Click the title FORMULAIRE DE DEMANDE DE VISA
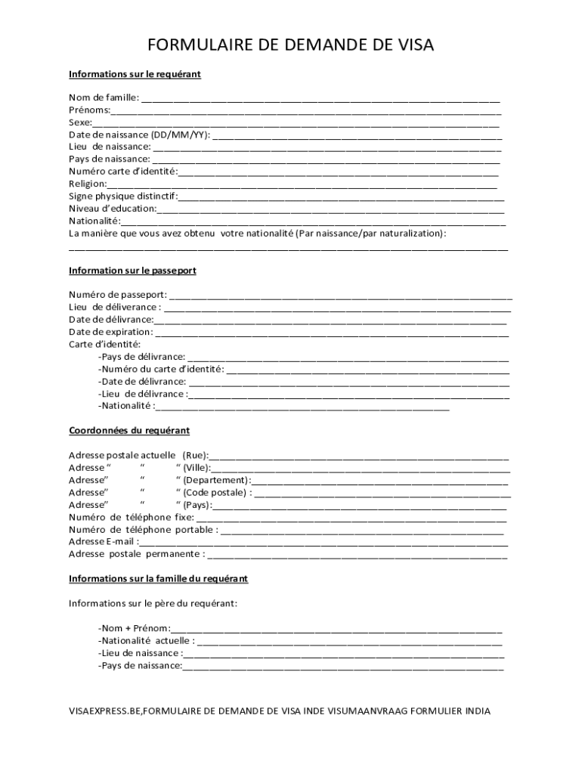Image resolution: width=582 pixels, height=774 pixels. click(x=291, y=46)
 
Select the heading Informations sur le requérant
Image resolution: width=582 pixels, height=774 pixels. click(x=135, y=74)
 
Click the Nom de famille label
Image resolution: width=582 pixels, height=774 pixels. click(x=104, y=98)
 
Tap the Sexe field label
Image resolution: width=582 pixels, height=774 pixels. click(x=80, y=122)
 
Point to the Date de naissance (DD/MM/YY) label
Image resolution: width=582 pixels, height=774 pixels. click(x=140, y=135)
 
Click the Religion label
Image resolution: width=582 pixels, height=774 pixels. click(x=88, y=184)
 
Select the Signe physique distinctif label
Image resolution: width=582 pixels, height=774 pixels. click(x=123, y=196)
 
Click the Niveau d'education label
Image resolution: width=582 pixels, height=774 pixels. click(x=113, y=209)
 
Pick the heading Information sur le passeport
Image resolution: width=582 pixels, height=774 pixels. click(x=132, y=270)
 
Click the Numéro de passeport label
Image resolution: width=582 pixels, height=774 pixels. click(x=118, y=294)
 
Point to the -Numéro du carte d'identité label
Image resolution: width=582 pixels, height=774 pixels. click(x=161, y=369)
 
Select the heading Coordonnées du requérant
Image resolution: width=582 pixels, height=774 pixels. click(x=129, y=430)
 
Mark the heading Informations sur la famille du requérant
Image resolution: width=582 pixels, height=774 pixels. click(x=158, y=578)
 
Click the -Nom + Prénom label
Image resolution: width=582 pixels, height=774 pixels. click(x=134, y=628)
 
